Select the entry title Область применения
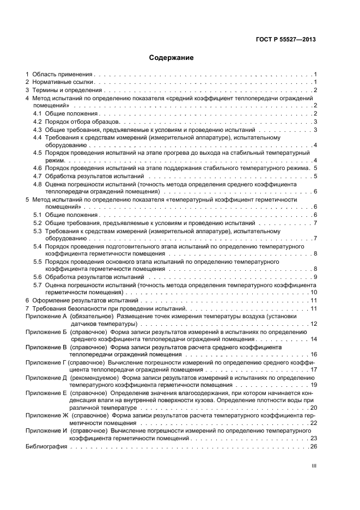click(x=62, y=74)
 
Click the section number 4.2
click(x=37, y=122)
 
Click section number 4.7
click(x=37, y=176)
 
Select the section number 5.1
click(x=37, y=215)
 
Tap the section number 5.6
click(x=37, y=277)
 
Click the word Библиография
click(x=46, y=446)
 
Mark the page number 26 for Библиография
click(x=313, y=446)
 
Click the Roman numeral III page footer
click(x=314, y=466)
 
